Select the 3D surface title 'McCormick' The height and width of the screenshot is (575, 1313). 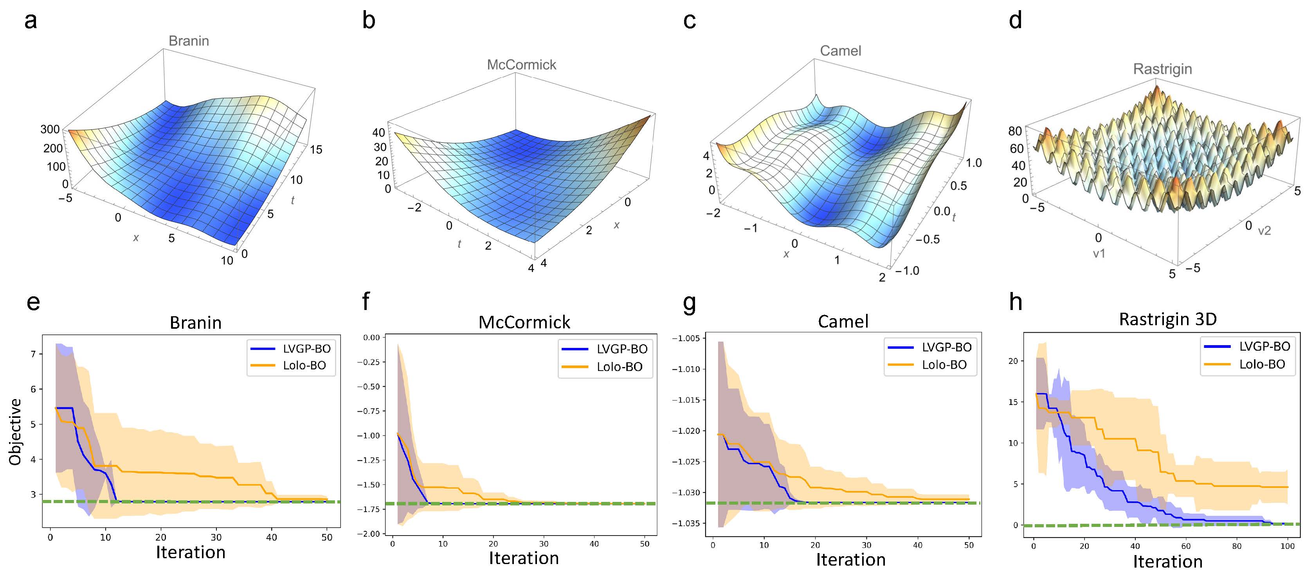(521, 64)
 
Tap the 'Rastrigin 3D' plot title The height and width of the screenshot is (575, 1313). (1168, 319)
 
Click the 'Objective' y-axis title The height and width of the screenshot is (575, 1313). (15, 432)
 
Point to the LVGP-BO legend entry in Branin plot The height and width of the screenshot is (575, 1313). (290, 349)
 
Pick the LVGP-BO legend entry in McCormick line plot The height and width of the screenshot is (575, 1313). (605, 349)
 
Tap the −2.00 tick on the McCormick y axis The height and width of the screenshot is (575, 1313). (371, 534)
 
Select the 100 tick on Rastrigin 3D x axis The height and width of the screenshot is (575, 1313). (1288, 546)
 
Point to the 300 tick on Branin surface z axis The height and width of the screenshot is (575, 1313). (50, 129)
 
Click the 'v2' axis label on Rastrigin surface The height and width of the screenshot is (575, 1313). (1264, 231)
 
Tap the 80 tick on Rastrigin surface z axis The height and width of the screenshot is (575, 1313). (1015, 131)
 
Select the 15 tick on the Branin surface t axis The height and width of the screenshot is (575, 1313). (316, 149)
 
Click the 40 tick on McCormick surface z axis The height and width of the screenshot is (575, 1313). (379, 133)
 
